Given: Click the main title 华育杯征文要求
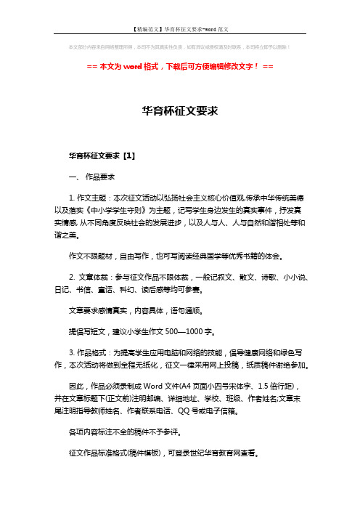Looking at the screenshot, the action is pos(179,112).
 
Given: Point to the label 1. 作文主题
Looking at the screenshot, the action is pos(91,197).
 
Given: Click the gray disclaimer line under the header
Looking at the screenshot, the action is pos(179,46).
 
